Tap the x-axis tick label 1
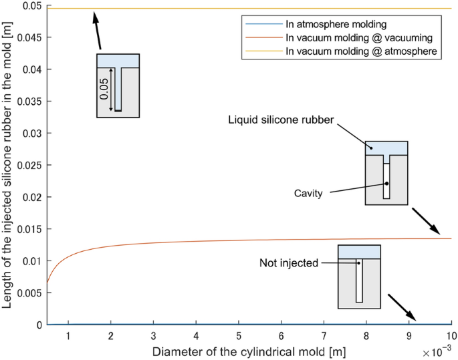[x=68, y=335]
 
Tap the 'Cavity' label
[x=308, y=193]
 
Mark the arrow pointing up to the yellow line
[x=97, y=30]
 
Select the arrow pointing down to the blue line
[x=402, y=307]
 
